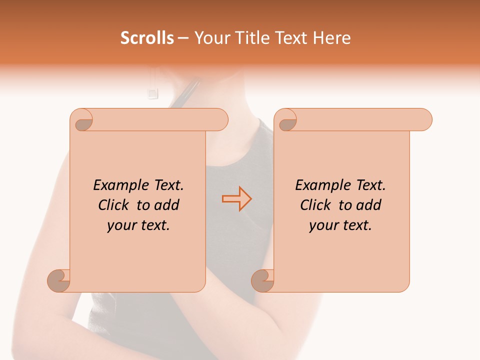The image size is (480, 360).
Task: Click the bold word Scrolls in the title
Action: pyautogui.click(x=147, y=38)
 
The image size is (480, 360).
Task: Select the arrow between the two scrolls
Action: pyautogui.click(x=236, y=199)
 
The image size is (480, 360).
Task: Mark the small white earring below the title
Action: pyautogui.click(x=153, y=92)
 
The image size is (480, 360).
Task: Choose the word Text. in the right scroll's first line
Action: pyautogui.click(x=370, y=185)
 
